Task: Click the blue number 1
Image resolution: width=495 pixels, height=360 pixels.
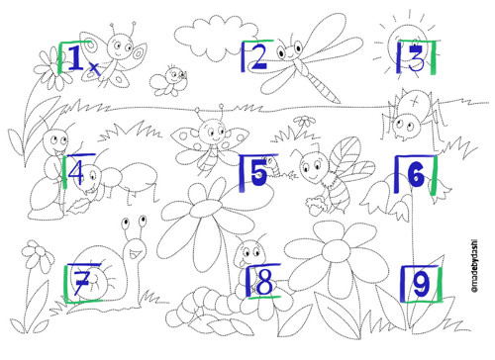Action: (x=76, y=58)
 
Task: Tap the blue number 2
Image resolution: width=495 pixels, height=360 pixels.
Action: (x=258, y=57)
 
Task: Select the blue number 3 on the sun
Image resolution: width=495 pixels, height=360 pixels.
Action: (x=416, y=58)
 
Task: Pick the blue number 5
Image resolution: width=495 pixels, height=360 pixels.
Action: (x=258, y=173)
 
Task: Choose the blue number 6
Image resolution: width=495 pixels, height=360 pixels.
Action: (x=417, y=174)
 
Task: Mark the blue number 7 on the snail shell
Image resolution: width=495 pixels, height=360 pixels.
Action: (x=81, y=282)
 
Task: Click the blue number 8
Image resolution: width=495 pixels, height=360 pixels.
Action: (x=264, y=283)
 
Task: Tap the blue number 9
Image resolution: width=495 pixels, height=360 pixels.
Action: (x=422, y=284)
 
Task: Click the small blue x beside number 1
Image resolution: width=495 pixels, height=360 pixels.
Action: (x=94, y=67)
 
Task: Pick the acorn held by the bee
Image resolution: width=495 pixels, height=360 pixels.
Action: (x=316, y=206)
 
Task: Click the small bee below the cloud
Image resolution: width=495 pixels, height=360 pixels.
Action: (x=169, y=81)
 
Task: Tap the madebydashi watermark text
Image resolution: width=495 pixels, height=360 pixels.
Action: (x=474, y=267)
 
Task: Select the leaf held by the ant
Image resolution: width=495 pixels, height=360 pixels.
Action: (x=79, y=207)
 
